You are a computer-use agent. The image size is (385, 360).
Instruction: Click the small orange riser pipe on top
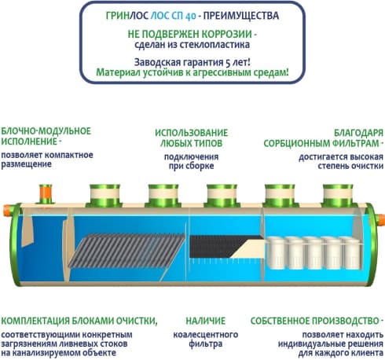(46, 194)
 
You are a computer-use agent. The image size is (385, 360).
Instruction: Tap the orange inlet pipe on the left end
(7, 210)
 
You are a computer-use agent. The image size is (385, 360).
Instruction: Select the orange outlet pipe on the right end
(381, 219)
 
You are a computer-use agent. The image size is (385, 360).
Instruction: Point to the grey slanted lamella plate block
(127, 250)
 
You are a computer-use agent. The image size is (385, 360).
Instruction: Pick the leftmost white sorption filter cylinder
(276, 253)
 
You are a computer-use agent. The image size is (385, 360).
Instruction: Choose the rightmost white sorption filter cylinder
(352, 253)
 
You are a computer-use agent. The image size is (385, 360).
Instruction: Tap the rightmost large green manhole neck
(338, 196)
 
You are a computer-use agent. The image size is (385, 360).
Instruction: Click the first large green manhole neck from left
(104, 196)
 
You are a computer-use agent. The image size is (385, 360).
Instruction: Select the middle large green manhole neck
(222, 196)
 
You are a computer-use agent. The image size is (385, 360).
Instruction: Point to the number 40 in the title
(191, 17)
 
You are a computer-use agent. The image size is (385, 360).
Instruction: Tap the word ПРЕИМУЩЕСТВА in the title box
(241, 16)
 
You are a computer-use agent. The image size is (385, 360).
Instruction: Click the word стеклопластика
(214, 45)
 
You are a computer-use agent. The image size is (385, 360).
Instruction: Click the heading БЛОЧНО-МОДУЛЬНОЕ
(46, 131)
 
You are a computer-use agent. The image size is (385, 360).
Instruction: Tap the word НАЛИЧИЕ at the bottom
(206, 321)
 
